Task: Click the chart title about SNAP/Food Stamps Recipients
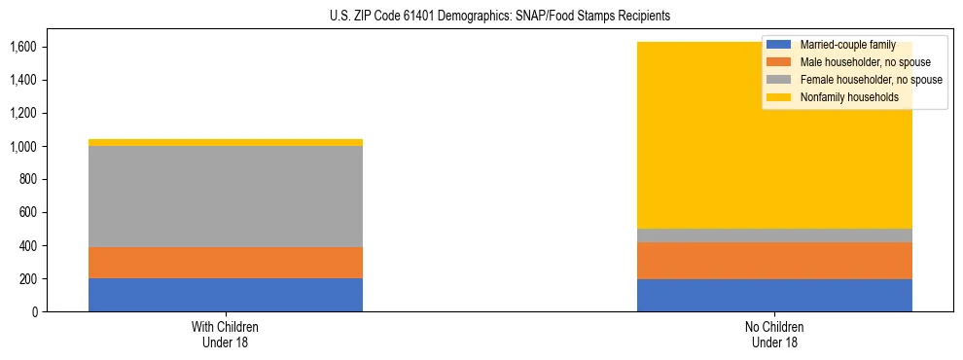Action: pos(481,17)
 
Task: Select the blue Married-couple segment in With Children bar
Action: pos(226,295)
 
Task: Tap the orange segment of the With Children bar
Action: pos(226,263)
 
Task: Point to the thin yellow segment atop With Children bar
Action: pos(226,142)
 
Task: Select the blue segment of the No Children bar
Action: pos(774,296)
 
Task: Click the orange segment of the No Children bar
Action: pos(774,261)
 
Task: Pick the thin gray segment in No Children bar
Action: pos(774,235)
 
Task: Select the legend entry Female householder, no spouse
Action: pos(870,80)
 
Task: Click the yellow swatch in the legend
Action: pos(778,97)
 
